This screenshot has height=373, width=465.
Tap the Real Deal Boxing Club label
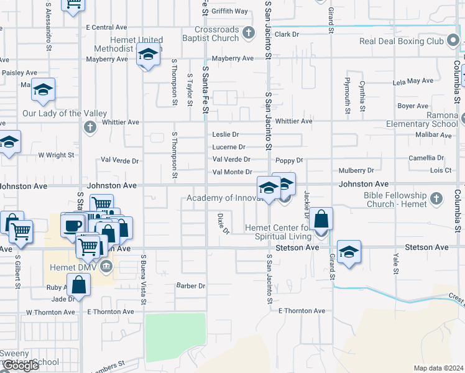pyautogui.click(x=402, y=42)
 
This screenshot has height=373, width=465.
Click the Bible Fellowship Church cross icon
pyautogui.click(x=436, y=199)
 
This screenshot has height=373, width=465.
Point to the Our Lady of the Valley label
pyautogui.click(x=60, y=113)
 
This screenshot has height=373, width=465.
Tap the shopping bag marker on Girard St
pyautogui.click(x=321, y=220)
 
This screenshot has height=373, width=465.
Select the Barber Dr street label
pyautogui.click(x=190, y=286)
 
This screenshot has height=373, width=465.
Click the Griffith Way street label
pyautogui.click(x=229, y=11)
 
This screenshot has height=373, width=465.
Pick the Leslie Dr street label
pyautogui.click(x=226, y=134)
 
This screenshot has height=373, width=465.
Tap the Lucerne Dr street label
pyautogui.click(x=229, y=147)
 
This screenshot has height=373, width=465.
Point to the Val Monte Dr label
pyautogui.click(x=232, y=172)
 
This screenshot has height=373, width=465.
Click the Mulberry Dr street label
pyautogui.click(x=356, y=170)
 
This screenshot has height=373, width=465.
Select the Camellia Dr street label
pyautogui.click(x=426, y=159)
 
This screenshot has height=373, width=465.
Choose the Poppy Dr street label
pyautogui.click(x=289, y=160)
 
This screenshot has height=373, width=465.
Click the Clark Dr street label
pyautogui.click(x=287, y=35)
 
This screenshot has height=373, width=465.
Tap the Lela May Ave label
pyautogui.click(x=413, y=81)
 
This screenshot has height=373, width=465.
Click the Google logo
pyautogui.click(x=21, y=366)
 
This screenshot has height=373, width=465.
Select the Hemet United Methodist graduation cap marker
pyautogui.click(x=148, y=57)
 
